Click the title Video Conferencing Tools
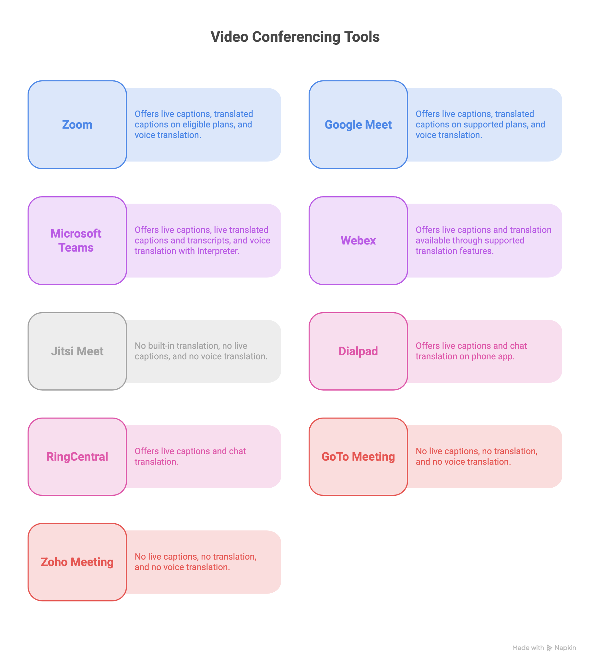[x=295, y=37]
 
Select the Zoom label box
[x=77, y=124]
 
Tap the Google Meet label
[x=358, y=124]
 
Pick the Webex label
[x=358, y=240]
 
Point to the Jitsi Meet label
[x=77, y=351]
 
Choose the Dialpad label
[x=358, y=351]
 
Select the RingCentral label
[x=77, y=456]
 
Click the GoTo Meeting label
[x=358, y=456]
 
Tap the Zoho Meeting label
[x=77, y=562]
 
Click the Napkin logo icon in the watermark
[x=549, y=648]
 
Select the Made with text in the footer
[x=528, y=648]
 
